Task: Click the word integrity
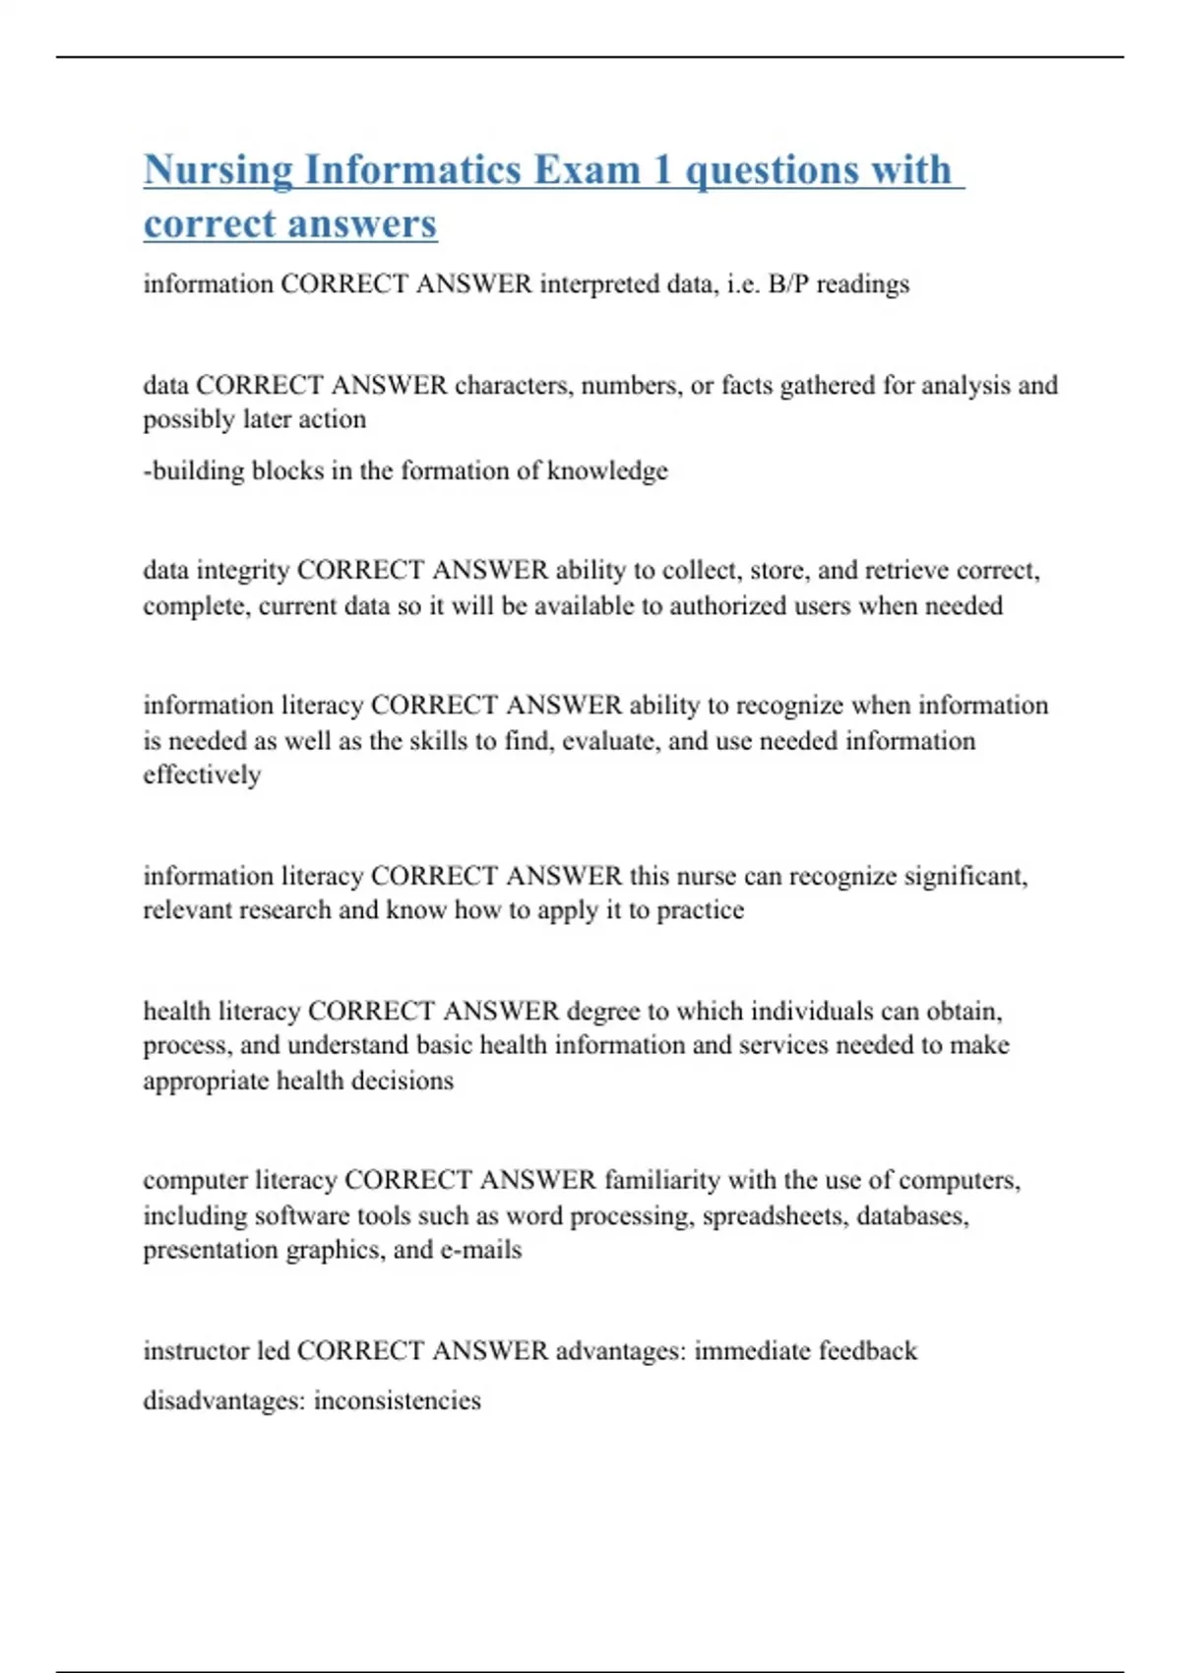coord(243,571)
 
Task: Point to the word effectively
coord(202,775)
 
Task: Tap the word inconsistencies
coord(397,1400)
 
